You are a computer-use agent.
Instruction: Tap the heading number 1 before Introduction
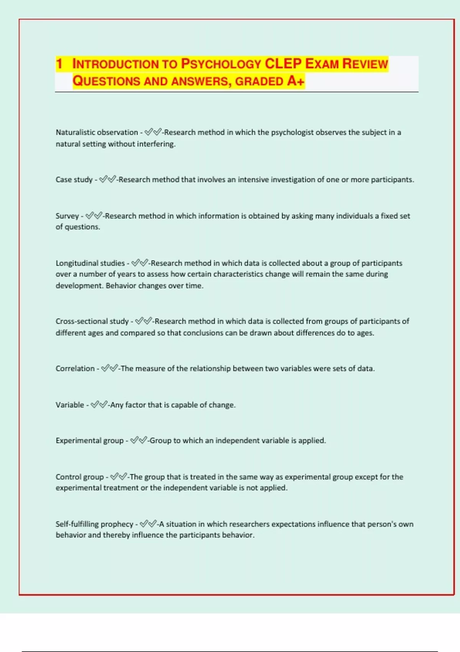click(59, 64)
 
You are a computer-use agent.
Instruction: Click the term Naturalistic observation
click(97, 132)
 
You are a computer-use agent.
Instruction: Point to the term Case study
click(74, 179)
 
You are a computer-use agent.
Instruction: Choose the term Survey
click(67, 216)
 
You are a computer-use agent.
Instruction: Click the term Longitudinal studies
click(90, 263)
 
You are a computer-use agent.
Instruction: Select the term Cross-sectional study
click(92, 321)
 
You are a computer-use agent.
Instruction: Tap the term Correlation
click(75, 368)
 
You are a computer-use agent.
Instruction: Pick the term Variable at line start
click(69, 405)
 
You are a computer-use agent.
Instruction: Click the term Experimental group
click(90, 440)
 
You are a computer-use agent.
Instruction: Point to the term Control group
click(80, 477)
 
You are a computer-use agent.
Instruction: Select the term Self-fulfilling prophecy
click(94, 524)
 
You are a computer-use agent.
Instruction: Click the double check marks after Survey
click(94, 216)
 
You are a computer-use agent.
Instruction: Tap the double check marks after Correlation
click(110, 368)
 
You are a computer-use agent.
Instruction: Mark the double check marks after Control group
click(118, 477)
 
